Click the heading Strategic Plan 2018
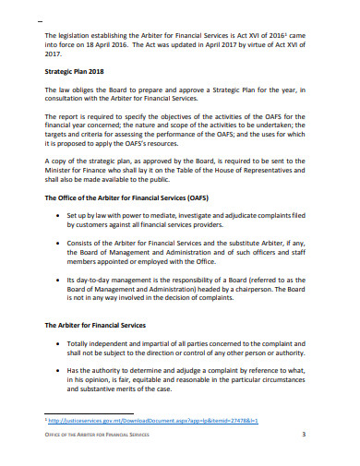(x=82, y=70)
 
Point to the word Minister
(x=63, y=172)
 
